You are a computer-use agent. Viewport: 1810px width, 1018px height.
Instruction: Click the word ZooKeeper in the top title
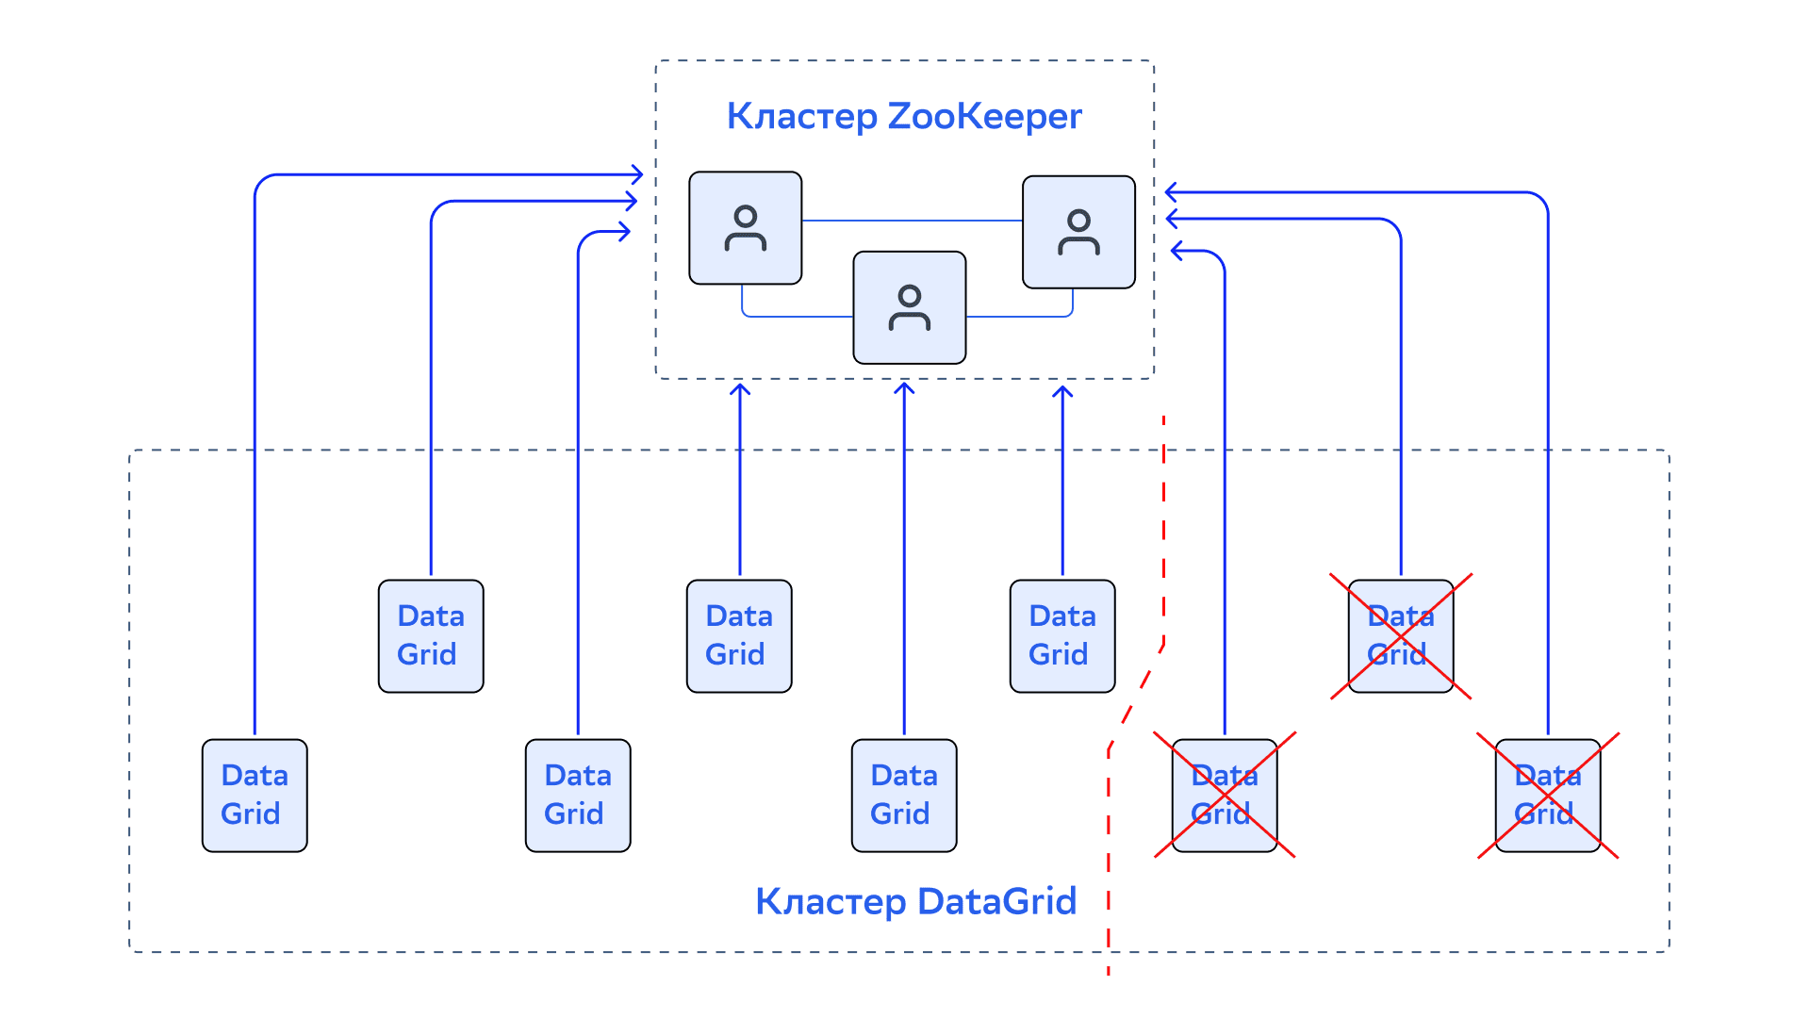click(984, 116)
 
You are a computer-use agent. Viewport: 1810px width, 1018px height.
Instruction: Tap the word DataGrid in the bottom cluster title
click(996, 902)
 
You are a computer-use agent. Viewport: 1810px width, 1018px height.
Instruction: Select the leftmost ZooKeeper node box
click(746, 228)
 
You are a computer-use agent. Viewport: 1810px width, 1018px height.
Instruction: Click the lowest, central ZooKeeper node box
click(910, 307)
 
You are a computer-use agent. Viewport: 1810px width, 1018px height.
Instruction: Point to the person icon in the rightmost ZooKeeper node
click(1079, 233)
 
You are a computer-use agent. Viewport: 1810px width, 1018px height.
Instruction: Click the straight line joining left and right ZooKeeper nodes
click(913, 221)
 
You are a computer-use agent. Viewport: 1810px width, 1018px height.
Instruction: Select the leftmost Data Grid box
click(255, 796)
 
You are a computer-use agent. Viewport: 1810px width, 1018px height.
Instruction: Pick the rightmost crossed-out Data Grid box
click(1548, 796)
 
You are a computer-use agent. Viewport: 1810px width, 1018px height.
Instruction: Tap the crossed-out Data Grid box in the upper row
click(1401, 636)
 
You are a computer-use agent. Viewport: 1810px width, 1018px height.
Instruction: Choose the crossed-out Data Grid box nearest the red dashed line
click(1225, 796)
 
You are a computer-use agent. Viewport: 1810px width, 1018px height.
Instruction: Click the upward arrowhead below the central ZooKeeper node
click(904, 389)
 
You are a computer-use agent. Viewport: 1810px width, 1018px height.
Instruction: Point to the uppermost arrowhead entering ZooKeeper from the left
click(637, 174)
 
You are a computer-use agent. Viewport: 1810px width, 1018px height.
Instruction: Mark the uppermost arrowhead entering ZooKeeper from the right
click(1172, 192)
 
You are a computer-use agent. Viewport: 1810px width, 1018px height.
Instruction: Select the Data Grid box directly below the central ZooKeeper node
click(904, 796)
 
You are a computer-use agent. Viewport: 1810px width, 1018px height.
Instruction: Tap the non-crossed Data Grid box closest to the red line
click(1062, 636)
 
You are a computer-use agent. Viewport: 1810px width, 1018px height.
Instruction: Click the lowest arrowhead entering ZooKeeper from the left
click(624, 231)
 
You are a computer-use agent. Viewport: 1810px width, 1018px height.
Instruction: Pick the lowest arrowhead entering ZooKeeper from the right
click(1177, 251)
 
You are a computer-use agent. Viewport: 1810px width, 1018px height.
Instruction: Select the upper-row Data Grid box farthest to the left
click(431, 636)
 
